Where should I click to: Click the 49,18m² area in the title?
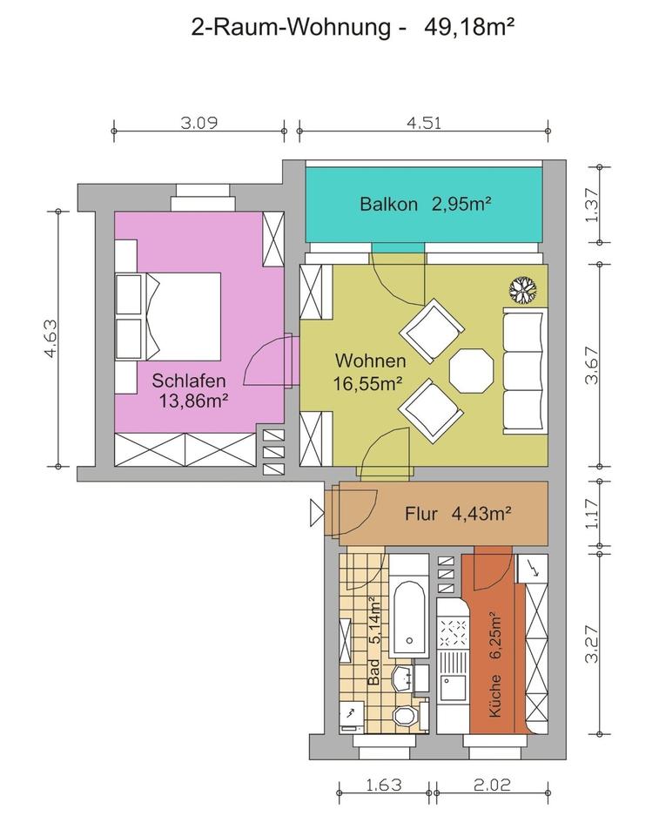469,26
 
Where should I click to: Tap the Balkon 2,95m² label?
425,204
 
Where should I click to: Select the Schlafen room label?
189,381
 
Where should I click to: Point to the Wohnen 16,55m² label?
370,372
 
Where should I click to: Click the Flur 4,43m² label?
458,514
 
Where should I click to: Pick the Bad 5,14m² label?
375,642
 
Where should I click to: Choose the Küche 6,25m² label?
494,664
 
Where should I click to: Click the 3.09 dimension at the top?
198,123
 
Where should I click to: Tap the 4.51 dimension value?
424,123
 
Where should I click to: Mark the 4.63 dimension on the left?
50,339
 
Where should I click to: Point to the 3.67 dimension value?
592,365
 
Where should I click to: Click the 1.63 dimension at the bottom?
383,785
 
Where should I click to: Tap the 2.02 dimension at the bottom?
492,785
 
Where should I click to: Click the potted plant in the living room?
523,290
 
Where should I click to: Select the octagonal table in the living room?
471,370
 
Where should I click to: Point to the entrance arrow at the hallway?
317,513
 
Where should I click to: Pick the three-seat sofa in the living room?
525,371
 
